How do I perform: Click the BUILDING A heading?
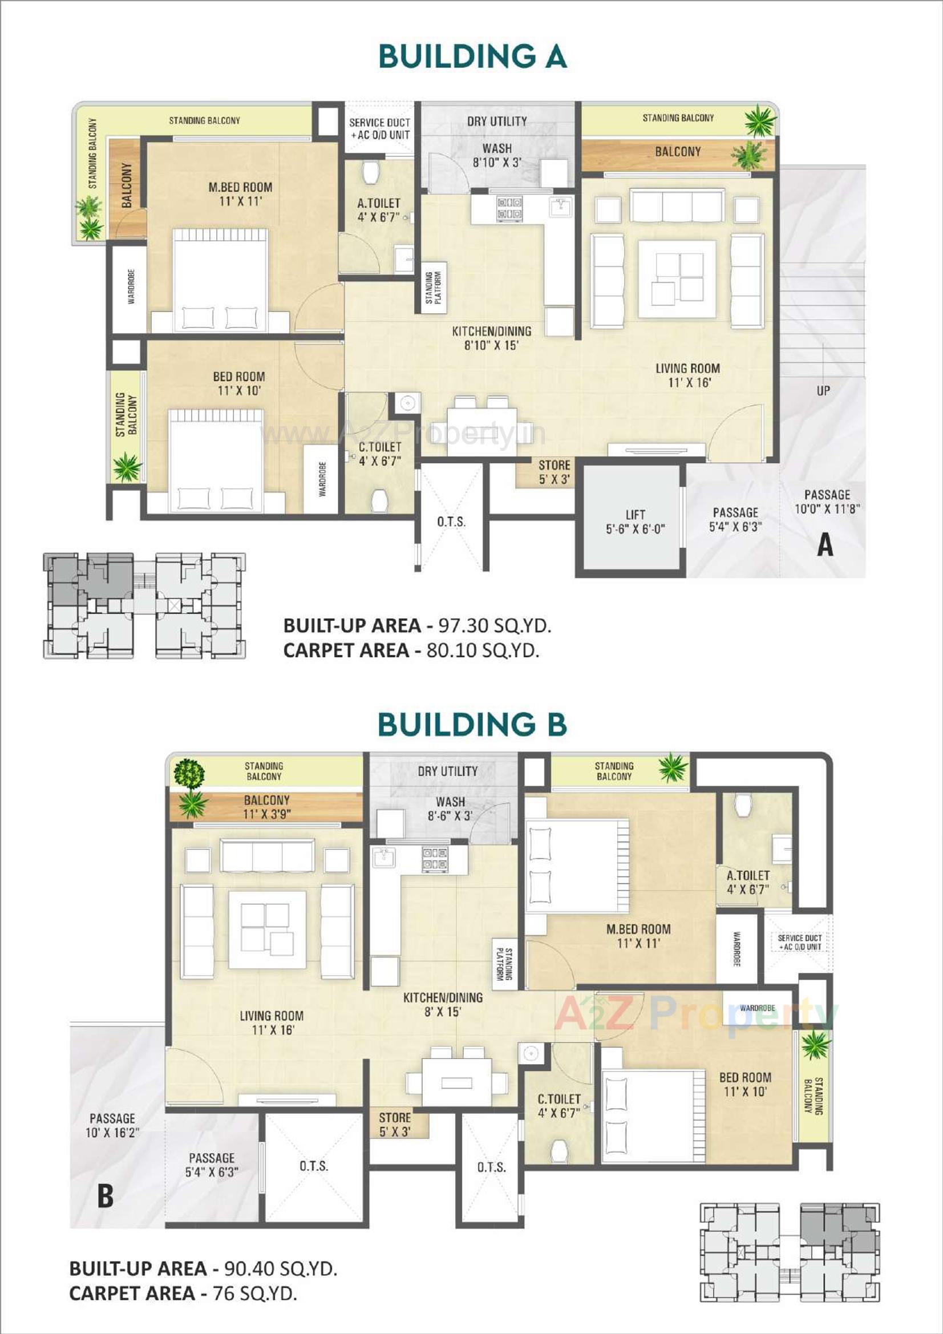coord(472,56)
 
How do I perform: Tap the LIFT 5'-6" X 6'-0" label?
coord(635,522)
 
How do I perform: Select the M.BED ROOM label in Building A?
coord(240,194)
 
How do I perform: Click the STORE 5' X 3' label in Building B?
coord(395,1124)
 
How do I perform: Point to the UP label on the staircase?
coord(823,390)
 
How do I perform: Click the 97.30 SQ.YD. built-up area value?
coord(495,626)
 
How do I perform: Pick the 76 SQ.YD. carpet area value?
coord(254,1293)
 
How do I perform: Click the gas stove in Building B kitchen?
coord(435,859)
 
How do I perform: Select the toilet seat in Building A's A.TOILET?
coord(370,171)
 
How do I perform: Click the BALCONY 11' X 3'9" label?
coord(266,807)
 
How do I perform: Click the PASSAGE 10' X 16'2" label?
coord(112,1125)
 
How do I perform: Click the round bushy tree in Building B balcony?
coord(189,773)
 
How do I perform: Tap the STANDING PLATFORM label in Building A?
coord(434,287)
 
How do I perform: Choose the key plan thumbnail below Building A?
coord(144,605)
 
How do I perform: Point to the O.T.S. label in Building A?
coord(451,522)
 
